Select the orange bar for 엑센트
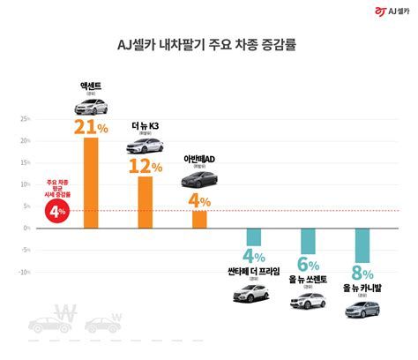click(x=91, y=183)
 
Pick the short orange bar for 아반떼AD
click(x=199, y=219)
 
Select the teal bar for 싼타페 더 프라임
click(x=253, y=236)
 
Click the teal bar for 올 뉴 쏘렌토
click(x=308, y=241)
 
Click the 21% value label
click(x=91, y=127)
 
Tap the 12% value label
click(x=146, y=166)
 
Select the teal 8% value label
click(x=362, y=273)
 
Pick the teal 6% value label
click(x=308, y=264)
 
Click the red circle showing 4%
click(x=57, y=212)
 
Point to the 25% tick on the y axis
click(x=25, y=118)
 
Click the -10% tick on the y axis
click(x=24, y=272)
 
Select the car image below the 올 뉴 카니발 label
click(x=362, y=309)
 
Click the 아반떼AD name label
click(x=199, y=159)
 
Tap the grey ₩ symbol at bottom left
click(x=65, y=313)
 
